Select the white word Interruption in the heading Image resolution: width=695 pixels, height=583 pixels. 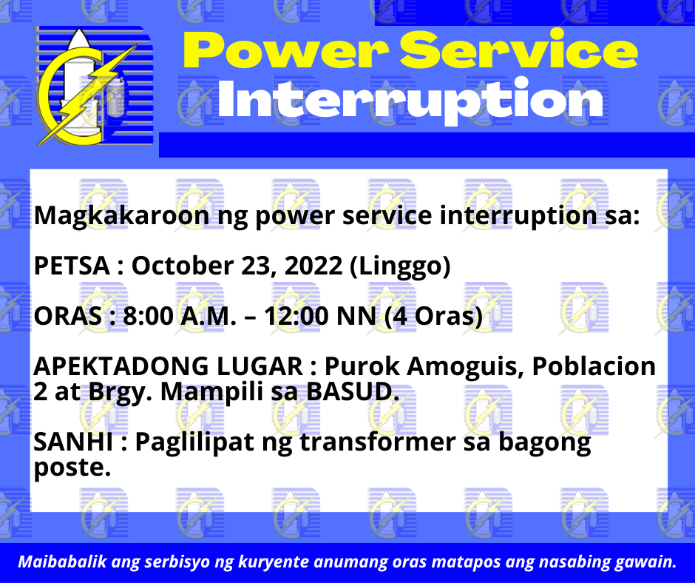(410, 100)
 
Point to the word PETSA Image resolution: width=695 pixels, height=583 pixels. (72, 266)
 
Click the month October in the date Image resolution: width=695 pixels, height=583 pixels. (183, 266)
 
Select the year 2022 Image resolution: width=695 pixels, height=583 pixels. (313, 266)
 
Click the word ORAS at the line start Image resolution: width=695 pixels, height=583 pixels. (68, 317)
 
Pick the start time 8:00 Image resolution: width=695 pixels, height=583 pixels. (148, 317)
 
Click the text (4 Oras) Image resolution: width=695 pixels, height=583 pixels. (433, 317)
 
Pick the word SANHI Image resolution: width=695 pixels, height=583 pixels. (73, 442)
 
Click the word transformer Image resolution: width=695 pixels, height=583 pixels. (378, 442)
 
